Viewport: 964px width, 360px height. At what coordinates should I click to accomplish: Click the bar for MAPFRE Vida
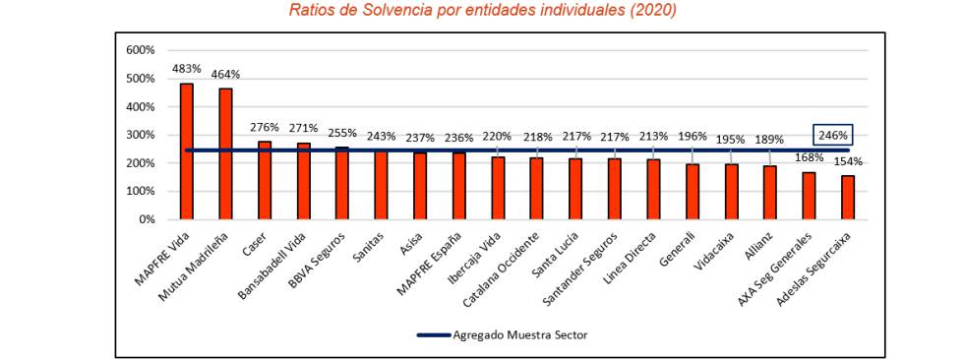click(x=186, y=151)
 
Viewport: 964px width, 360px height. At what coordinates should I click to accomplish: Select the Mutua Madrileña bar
click(x=225, y=154)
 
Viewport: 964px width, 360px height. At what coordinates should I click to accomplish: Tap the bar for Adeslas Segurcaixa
click(x=848, y=198)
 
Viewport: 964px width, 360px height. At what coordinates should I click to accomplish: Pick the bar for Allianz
click(x=770, y=193)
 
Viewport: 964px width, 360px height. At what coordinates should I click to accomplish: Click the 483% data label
click(x=186, y=69)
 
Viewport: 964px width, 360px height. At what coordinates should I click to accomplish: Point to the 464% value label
click(x=225, y=75)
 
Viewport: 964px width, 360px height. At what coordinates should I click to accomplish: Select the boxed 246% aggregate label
click(x=832, y=136)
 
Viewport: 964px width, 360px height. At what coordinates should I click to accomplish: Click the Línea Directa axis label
click(x=634, y=254)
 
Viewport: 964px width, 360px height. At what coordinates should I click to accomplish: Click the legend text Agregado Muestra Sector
click(x=519, y=334)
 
